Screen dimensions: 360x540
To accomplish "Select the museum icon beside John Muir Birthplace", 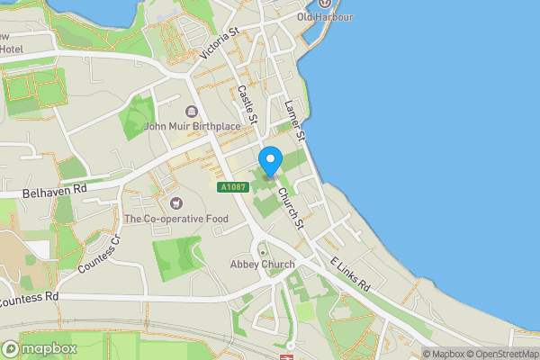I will coord(191,111).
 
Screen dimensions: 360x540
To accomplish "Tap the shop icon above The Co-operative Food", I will coord(175,203).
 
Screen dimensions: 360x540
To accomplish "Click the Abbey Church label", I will coord(262,264).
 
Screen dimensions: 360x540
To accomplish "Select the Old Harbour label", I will coord(325,17).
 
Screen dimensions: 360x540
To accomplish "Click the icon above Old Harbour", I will coord(325,4).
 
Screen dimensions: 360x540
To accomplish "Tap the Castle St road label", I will coord(247,104).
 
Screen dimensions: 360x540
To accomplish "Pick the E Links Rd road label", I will coord(350,272).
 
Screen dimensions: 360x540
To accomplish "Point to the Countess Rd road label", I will coord(30,296).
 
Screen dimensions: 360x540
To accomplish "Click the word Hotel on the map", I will coord(12,48).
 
